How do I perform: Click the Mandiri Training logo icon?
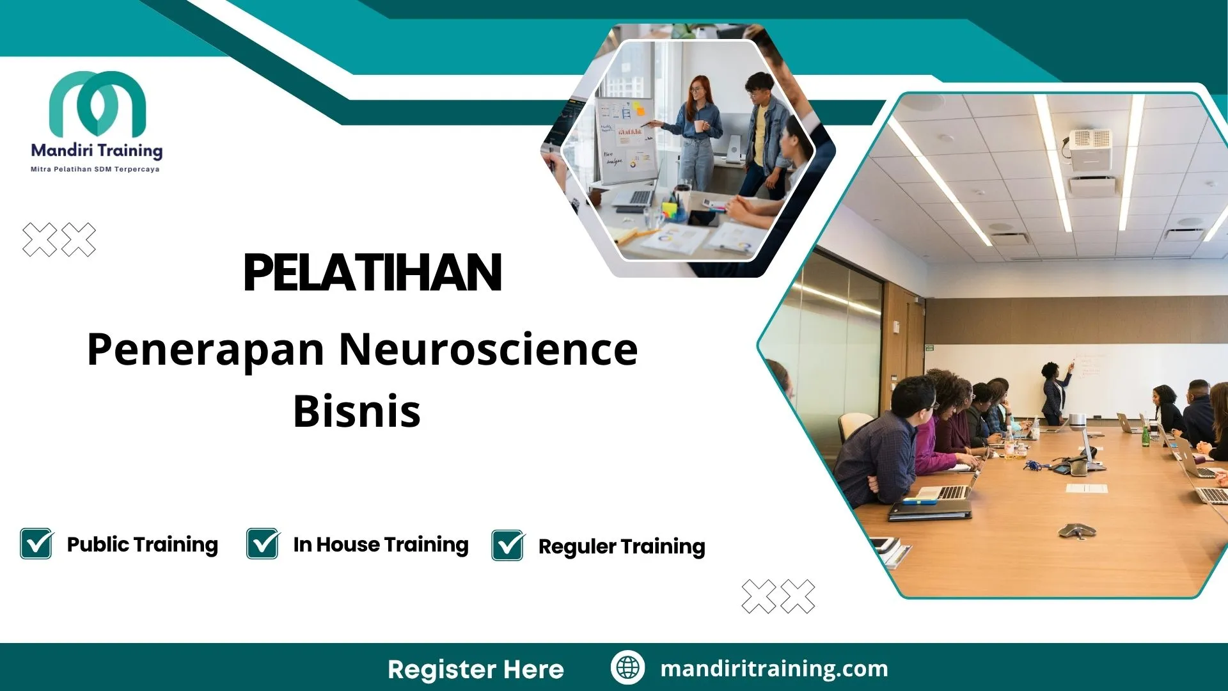pos(97,104)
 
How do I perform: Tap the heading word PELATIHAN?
pos(372,273)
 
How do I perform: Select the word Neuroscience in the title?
pos(488,349)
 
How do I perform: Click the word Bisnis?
pos(357,411)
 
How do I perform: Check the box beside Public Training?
pos(36,544)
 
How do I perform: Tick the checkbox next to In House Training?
pos(263,544)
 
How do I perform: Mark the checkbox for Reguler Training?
pos(508,546)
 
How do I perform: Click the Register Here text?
pos(476,669)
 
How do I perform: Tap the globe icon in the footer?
pos(627,668)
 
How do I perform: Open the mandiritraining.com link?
pos(774,669)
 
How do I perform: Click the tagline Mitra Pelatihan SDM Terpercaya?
pos(95,170)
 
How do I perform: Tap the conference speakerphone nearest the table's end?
pos(1077,530)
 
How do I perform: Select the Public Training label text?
pos(143,544)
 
